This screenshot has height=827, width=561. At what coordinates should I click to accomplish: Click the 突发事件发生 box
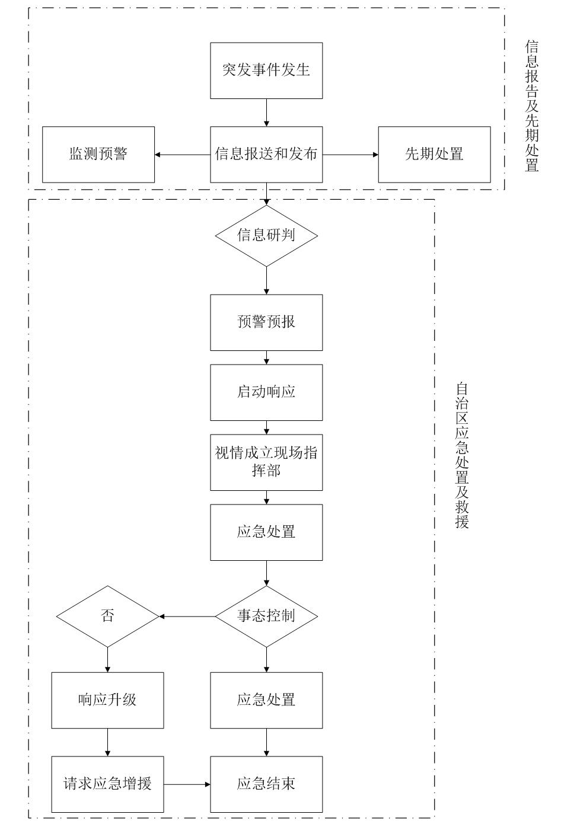[266, 71]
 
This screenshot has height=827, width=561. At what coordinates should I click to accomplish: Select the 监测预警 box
[98, 155]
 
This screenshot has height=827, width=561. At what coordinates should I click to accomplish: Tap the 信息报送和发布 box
[266, 155]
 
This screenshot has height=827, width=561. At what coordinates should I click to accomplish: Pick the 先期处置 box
[434, 155]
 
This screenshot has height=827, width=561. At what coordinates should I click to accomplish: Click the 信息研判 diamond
[266, 236]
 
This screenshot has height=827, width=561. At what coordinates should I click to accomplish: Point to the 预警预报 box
[266, 323]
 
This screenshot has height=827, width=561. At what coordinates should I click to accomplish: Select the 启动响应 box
[266, 392]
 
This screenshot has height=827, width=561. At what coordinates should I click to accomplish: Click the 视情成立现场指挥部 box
[266, 462]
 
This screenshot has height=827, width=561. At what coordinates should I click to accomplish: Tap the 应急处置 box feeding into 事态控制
[266, 532]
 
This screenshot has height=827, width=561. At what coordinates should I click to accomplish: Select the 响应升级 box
[107, 700]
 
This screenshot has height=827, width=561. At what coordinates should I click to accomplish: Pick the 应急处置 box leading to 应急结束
[266, 700]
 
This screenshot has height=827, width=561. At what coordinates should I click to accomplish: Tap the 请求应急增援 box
[107, 784]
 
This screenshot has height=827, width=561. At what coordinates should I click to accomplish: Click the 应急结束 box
[266, 784]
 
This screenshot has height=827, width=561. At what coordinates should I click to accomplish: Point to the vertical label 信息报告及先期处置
[532, 106]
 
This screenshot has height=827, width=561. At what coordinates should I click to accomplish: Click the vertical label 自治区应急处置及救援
[462, 455]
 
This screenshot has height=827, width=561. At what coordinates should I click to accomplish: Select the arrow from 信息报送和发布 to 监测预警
[183, 155]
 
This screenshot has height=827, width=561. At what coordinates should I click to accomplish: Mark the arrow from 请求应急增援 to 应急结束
[187, 785]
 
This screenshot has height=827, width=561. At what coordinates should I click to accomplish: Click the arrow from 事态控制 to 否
[187, 617]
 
